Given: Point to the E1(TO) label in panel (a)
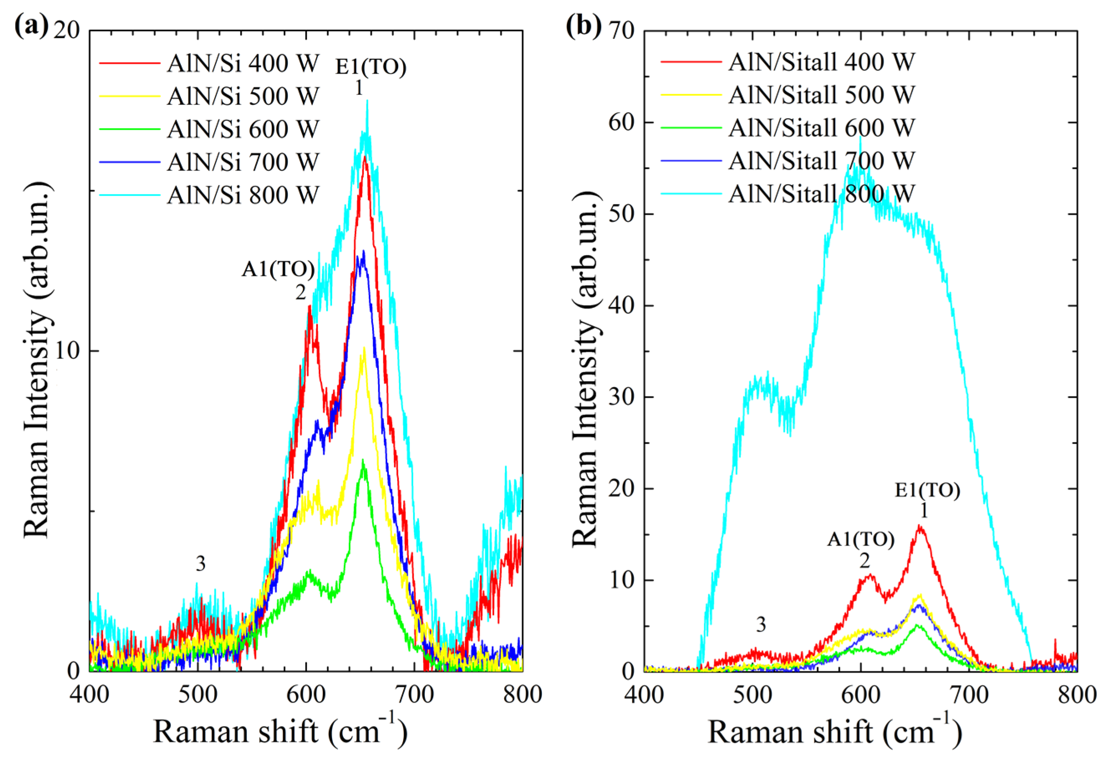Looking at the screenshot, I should click(371, 67).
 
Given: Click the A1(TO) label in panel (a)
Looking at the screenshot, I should click(278, 270).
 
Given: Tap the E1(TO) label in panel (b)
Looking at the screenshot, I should click(927, 490).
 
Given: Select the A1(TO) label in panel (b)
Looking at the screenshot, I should click(860, 539).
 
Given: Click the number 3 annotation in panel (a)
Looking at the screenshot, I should click(200, 564).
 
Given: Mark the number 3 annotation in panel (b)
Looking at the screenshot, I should click(761, 625).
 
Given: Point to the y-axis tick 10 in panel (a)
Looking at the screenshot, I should click(67, 351).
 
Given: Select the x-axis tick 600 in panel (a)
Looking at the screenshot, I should click(306, 695).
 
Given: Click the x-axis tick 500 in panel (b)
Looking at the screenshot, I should click(752, 695).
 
